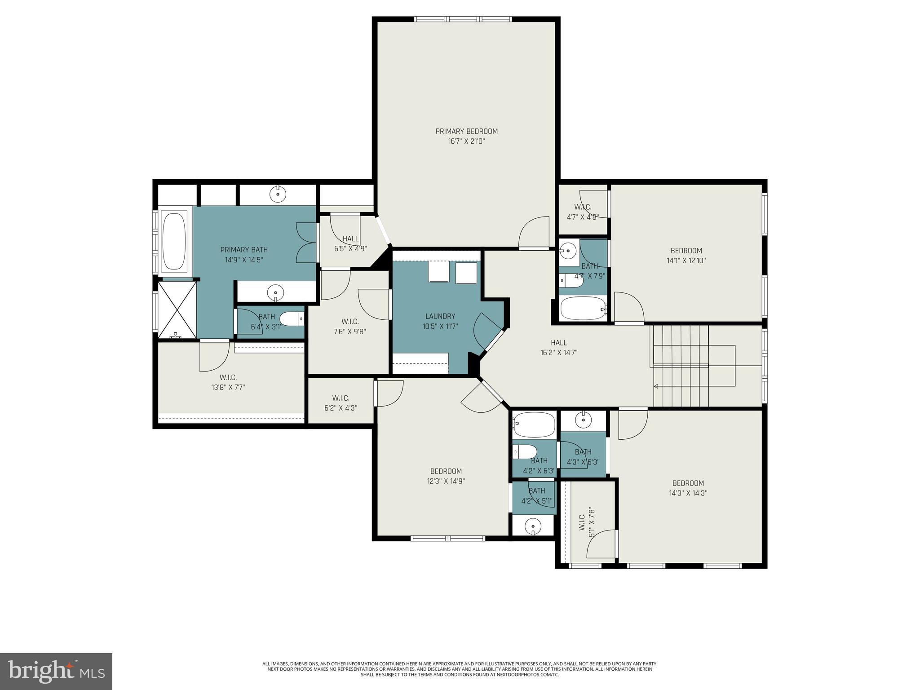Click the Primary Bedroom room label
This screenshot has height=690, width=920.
tap(466, 131)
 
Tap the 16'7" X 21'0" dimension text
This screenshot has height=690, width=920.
tap(466, 142)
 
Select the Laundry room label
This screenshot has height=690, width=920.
tap(440, 316)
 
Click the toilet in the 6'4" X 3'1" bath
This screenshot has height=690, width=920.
tap(292, 318)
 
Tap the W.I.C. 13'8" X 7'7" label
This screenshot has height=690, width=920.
tap(228, 382)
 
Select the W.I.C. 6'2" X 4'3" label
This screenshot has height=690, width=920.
tap(341, 403)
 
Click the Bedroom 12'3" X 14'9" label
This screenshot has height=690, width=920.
tap(446, 476)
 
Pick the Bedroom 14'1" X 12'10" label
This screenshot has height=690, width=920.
tap(686, 255)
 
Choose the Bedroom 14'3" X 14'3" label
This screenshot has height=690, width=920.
tap(688, 488)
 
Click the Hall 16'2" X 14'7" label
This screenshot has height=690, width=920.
tap(559, 348)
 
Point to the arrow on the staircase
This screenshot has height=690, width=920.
tap(656, 386)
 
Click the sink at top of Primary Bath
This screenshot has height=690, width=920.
tap(278, 194)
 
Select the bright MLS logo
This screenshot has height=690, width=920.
tap(56, 671)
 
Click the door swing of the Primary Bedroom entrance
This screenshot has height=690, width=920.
tap(535, 232)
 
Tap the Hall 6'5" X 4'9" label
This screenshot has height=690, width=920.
tap(350, 243)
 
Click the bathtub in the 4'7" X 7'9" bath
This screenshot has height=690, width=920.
tap(583, 308)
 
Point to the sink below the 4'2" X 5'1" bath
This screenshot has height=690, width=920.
tap(533, 526)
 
